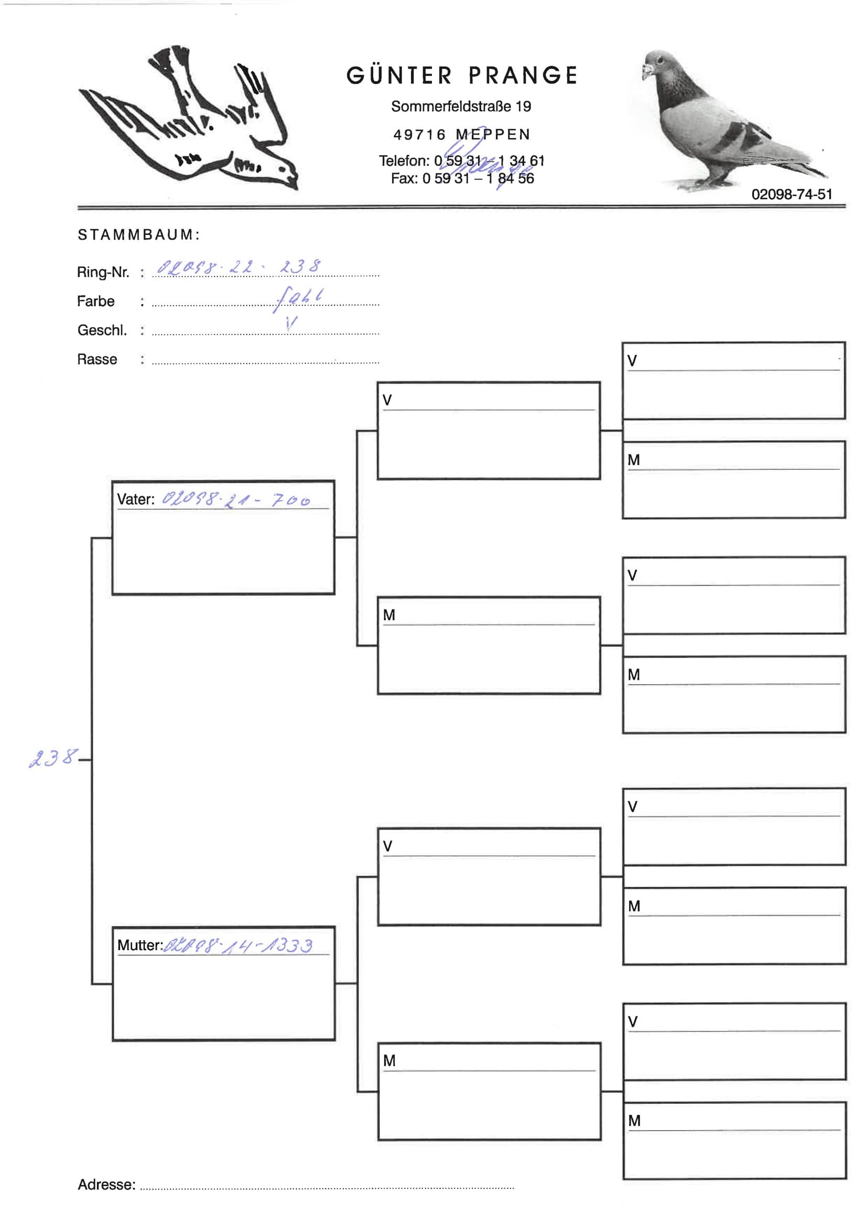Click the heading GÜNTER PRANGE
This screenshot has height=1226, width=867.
(462, 76)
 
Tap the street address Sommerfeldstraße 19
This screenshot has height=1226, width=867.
(461, 107)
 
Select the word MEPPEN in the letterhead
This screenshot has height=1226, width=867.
(493, 135)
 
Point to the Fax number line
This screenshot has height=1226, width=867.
(462, 179)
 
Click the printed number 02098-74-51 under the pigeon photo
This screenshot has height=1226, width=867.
(791, 195)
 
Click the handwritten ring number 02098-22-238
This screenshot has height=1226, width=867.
(239, 266)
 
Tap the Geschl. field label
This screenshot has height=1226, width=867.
(102, 330)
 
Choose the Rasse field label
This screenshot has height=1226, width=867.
(96, 359)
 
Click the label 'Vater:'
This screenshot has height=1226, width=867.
(136, 499)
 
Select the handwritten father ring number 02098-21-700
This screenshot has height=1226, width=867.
(236, 500)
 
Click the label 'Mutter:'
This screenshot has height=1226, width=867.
(140, 945)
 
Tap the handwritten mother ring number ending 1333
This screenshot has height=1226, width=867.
(238, 945)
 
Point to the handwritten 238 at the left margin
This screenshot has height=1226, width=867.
(52, 758)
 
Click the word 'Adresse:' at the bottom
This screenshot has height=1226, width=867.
(106, 1185)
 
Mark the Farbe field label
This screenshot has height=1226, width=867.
(95, 302)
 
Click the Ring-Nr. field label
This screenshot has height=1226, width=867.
(103, 272)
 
